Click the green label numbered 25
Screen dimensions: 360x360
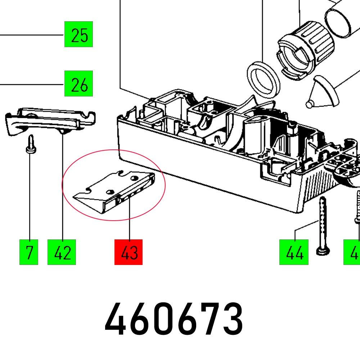[79, 34]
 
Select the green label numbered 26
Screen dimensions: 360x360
[79, 84]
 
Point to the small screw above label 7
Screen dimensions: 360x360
[31, 144]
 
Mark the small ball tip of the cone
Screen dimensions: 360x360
[309, 104]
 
